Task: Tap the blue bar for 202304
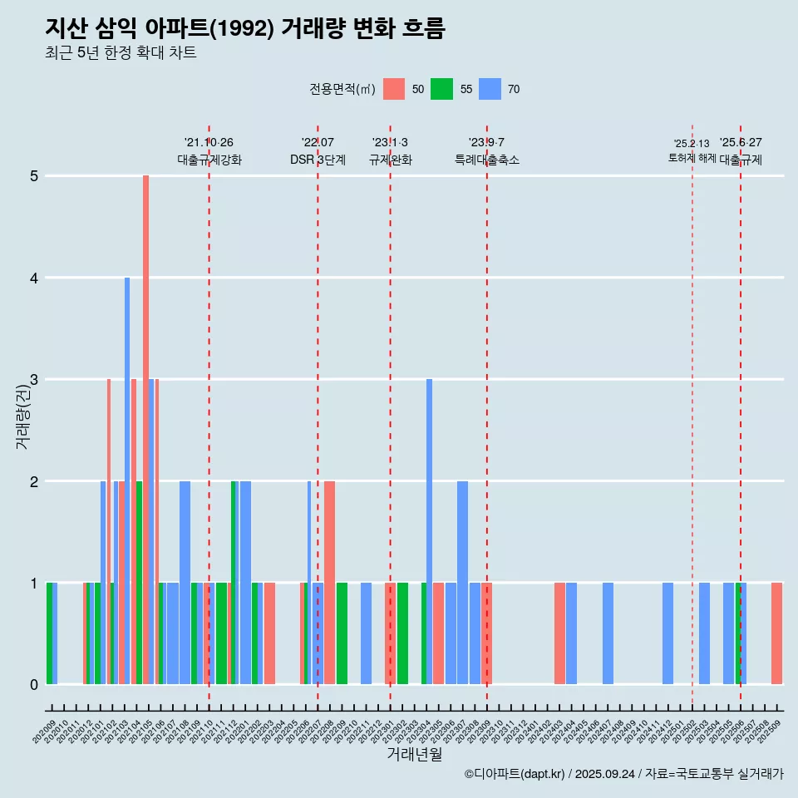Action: [x=429, y=532]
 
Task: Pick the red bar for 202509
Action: [x=776, y=633]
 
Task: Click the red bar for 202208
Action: [x=329, y=582]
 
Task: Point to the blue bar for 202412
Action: [x=667, y=633]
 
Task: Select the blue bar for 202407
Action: [x=608, y=633]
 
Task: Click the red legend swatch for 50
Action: [x=394, y=89]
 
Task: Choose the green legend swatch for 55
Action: [x=441, y=89]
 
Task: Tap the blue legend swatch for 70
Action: [x=490, y=89]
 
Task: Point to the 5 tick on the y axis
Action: [x=34, y=176]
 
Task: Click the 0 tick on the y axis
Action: [x=34, y=685]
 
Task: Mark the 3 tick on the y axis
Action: [x=34, y=380]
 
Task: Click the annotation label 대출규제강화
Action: [x=209, y=160]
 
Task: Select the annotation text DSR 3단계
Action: [x=318, y=160]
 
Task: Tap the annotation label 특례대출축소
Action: [x=487, y=160]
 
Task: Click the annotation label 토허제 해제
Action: [x=692, y=158]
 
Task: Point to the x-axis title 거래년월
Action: [x=414, y=754]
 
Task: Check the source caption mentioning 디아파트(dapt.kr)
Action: [x=623, y=774]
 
